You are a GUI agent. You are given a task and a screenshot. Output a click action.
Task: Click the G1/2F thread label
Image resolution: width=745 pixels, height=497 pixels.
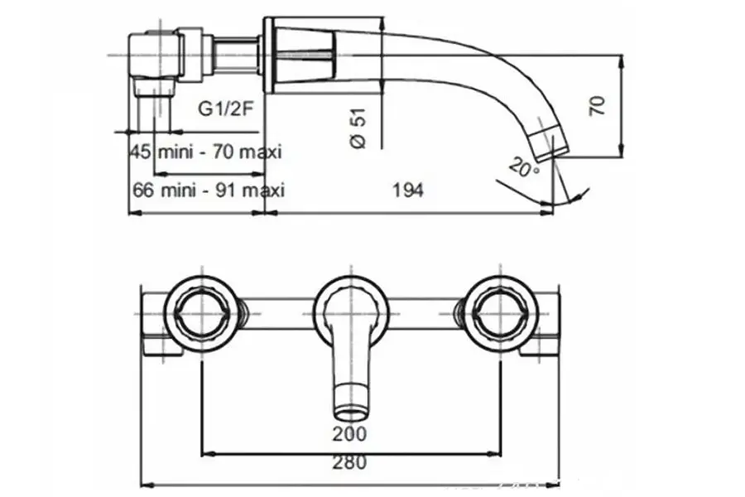click(x=225, y=110)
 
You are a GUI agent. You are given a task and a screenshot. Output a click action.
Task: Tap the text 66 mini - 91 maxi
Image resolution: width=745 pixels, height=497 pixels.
click(x=208, y=191)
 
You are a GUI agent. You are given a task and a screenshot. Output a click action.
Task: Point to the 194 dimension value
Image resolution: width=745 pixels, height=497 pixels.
click(x=408, y=191)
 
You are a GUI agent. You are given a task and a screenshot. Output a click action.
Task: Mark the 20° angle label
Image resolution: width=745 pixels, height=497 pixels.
click(x=524, y=168)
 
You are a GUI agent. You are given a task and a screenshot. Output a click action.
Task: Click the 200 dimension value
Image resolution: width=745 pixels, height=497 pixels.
click(x=352, y=433)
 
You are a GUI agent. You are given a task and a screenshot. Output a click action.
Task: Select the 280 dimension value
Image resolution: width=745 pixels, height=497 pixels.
click(x=352, y=463)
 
